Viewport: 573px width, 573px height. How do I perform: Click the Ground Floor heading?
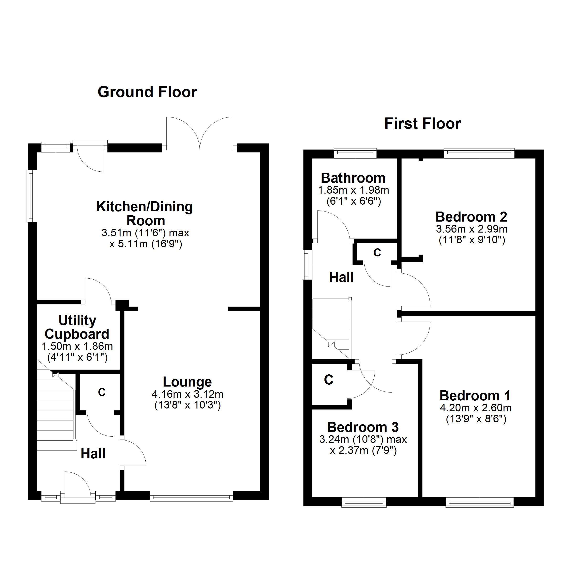pyautogui.click(x=147, y=92)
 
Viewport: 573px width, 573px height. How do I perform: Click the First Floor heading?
pyautogui.click(x=423, y=124)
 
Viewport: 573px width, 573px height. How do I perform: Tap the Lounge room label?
pyautogui.click(x=187, y=382)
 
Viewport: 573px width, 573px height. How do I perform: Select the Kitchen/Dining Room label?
pyautogui.click(x=145, y=213)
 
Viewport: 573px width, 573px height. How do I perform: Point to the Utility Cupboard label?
pyautogui.click(x=77, y=327)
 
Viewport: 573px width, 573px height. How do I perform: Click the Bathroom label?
pyautogui.click(x=353, y=178)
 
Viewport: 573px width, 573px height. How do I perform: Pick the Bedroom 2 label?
pyautogui.click(x=472, y=217)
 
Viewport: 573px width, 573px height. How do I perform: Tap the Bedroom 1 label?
pyautogui.click(x=475, y=396)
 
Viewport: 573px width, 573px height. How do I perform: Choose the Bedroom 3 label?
pyautogui.click(x=363, y=427)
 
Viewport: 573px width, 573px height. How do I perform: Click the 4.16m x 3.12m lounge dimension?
pyautogui.click(x=187, y=394)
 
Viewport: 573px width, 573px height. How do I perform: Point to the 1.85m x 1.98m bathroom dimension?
pyautogui.click(x=354, y=190)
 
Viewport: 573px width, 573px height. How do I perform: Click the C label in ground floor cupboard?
pyautogui.click(x=102, y=392)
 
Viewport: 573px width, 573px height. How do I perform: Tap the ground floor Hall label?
pyautogui.click(x=93, y=454)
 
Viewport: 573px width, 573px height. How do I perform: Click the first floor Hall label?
pyautogui.click(x=341, y=277)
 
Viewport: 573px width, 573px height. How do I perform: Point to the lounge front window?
pyautogui.click(x=191, y=497)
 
